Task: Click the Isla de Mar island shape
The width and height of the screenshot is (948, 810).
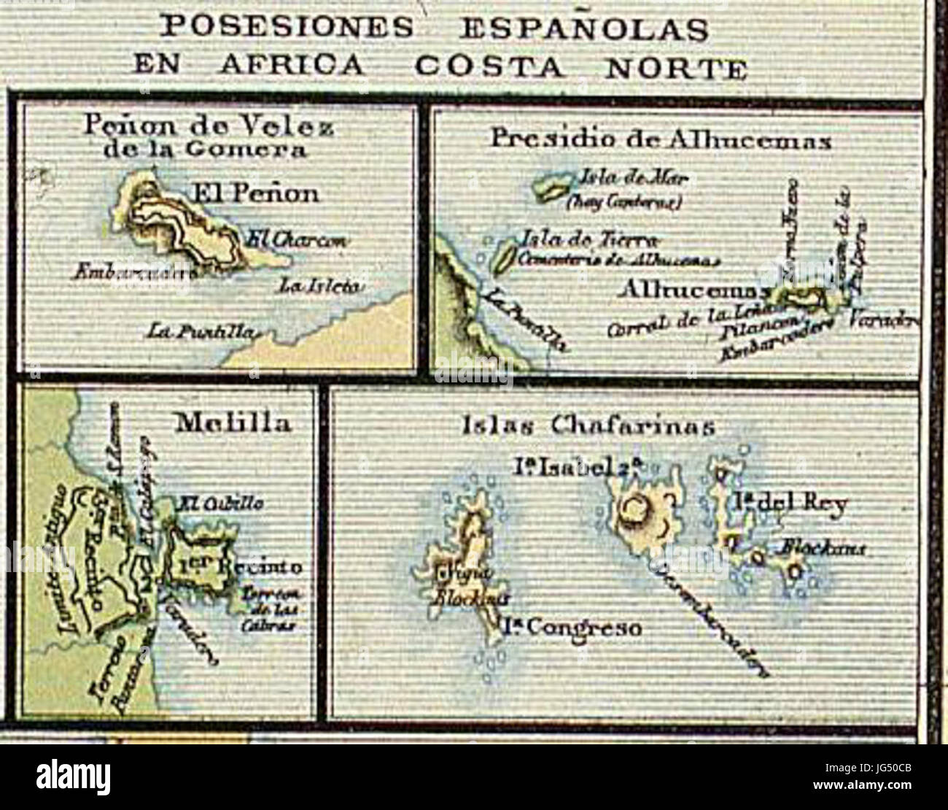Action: point(553,188)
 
